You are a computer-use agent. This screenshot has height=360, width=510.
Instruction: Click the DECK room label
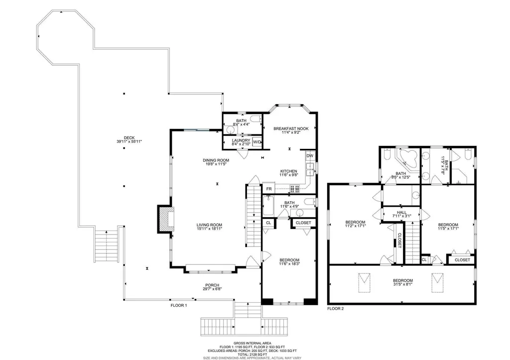(x=129, y=138)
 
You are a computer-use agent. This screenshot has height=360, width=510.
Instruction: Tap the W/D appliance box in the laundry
(x=257, y=142)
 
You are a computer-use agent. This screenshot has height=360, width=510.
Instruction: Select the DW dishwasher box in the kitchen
(x=310, y=156)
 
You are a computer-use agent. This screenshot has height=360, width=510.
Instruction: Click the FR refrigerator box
(x=269, y=189)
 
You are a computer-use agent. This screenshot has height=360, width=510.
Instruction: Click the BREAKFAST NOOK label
(x=291, y=129)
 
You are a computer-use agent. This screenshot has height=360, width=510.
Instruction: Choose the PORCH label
(x=212, y=285)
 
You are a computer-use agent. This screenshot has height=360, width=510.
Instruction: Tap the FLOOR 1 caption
(x=179, y=305)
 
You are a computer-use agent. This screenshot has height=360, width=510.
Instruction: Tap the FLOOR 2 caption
(x=335, y=309)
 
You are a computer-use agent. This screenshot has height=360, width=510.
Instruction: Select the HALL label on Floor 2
(x=402, y=212)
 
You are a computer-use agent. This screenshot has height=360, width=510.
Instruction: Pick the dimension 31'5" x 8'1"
(x=402, y=284)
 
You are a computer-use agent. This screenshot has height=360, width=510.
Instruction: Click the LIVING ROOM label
(x=209, y=225)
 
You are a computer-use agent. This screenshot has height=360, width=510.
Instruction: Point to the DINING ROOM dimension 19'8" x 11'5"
(x=216, y=164)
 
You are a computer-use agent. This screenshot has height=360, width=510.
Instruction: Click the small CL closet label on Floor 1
(x=268, y=223)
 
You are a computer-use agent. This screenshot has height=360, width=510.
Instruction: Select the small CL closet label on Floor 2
(x=424, y=260)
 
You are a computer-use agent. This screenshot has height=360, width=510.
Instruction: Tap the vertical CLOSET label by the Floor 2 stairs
(x=400, y=240)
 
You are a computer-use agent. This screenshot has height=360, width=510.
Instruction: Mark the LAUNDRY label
(x=241, y=140)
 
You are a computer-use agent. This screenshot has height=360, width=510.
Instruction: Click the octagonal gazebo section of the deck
(x=65, y=37)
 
